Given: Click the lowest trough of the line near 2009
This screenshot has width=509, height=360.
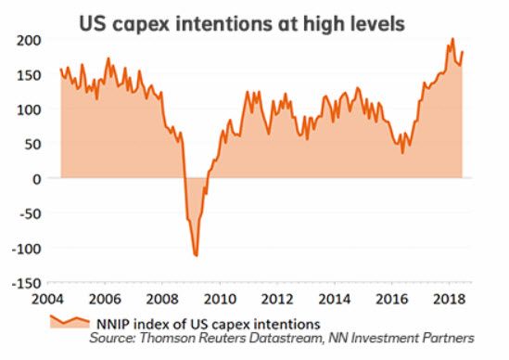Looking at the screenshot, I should [196, 255].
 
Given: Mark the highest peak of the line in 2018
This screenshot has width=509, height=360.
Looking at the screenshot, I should [452, 39].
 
